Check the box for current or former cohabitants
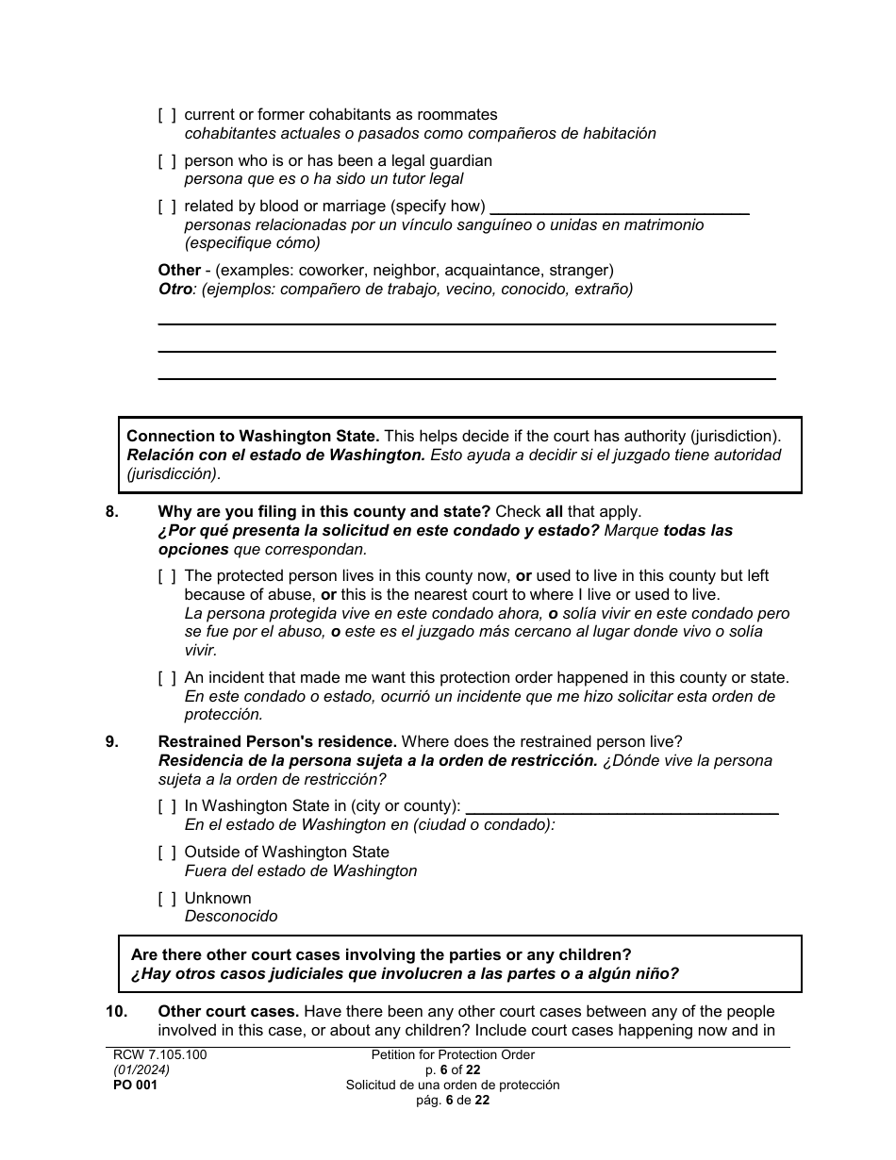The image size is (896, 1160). point(167,115)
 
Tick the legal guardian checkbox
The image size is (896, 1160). point(167,161)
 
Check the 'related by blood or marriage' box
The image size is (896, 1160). point(167,207)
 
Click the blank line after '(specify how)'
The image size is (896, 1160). point(620,210)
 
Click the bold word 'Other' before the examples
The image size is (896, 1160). point(179,271)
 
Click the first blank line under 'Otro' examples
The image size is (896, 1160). point(466,321)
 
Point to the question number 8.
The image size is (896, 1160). point(112,512)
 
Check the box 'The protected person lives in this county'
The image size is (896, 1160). point(167,576)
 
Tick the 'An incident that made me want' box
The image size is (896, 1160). point(167,678)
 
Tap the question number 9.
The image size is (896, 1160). point(112,742)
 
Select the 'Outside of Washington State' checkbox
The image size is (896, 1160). point(167,853)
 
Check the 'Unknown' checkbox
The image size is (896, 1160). point(167,899)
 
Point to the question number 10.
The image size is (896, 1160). point(115,1012)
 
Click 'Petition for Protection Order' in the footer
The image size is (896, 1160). point(453,1055)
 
